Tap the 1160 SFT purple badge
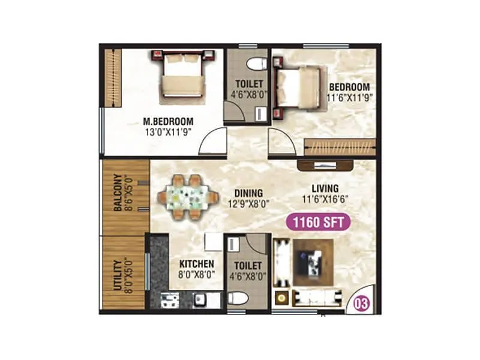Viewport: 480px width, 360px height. [318, 222]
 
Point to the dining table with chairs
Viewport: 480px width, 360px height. [187, 196]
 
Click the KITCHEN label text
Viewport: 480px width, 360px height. [196, 263]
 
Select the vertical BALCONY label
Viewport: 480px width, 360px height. [118, 193]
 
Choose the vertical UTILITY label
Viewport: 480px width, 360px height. [118, 274]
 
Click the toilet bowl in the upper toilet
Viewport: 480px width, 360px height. [256, 62]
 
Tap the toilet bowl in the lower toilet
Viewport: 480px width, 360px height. [237, 298]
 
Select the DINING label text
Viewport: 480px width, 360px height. [248, 193]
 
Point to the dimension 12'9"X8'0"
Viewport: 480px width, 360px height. [248, 204]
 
